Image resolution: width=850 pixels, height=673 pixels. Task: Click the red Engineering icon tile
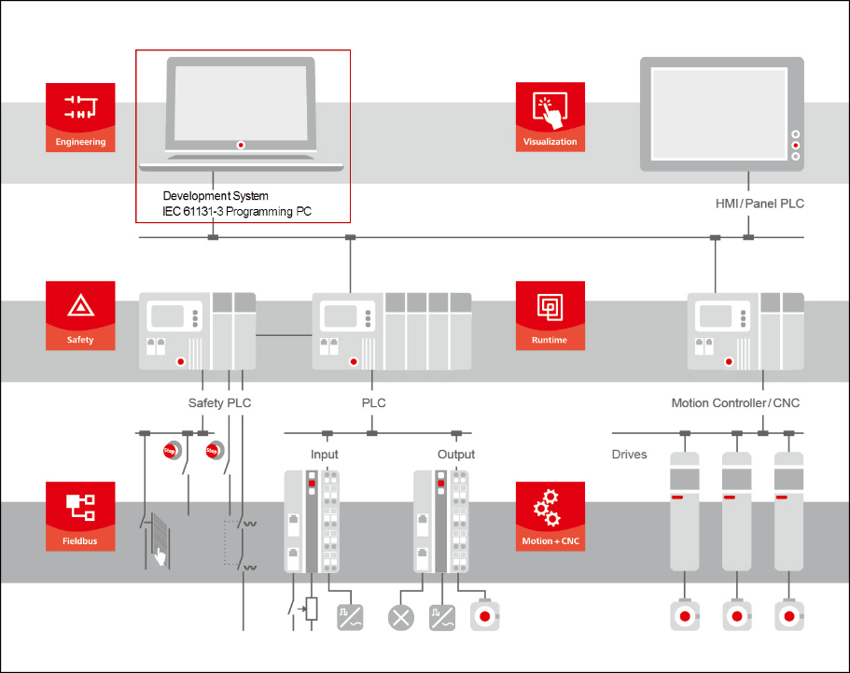click(80, 117)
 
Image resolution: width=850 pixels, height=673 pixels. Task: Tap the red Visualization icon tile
click(550, 117)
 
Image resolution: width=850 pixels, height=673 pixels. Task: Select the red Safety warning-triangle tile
click(80, 315)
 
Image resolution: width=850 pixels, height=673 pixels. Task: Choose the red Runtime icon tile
click(550, 315)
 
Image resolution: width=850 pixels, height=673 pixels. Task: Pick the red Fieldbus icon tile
click(80, 515)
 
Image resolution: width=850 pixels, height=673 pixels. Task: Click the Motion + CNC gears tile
click(550, 515)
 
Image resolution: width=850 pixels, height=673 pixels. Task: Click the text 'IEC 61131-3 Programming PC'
click(237, 212)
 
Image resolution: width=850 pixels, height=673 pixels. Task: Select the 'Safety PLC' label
click(219, 403)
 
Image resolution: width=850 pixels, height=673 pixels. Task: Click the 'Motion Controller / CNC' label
click(735, 403)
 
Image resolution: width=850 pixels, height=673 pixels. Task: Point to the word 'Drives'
click(629, 455)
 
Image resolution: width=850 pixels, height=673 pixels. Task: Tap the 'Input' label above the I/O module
click(325, 455)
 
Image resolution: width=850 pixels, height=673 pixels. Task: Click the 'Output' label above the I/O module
click(456, 455)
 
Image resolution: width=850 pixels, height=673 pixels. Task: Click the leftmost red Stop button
click(170, 451)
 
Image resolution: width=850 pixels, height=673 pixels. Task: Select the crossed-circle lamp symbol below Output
click(401, 616)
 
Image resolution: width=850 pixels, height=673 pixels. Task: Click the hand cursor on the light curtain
click(160, 557)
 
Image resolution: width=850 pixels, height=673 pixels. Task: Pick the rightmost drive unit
click(788, 512)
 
